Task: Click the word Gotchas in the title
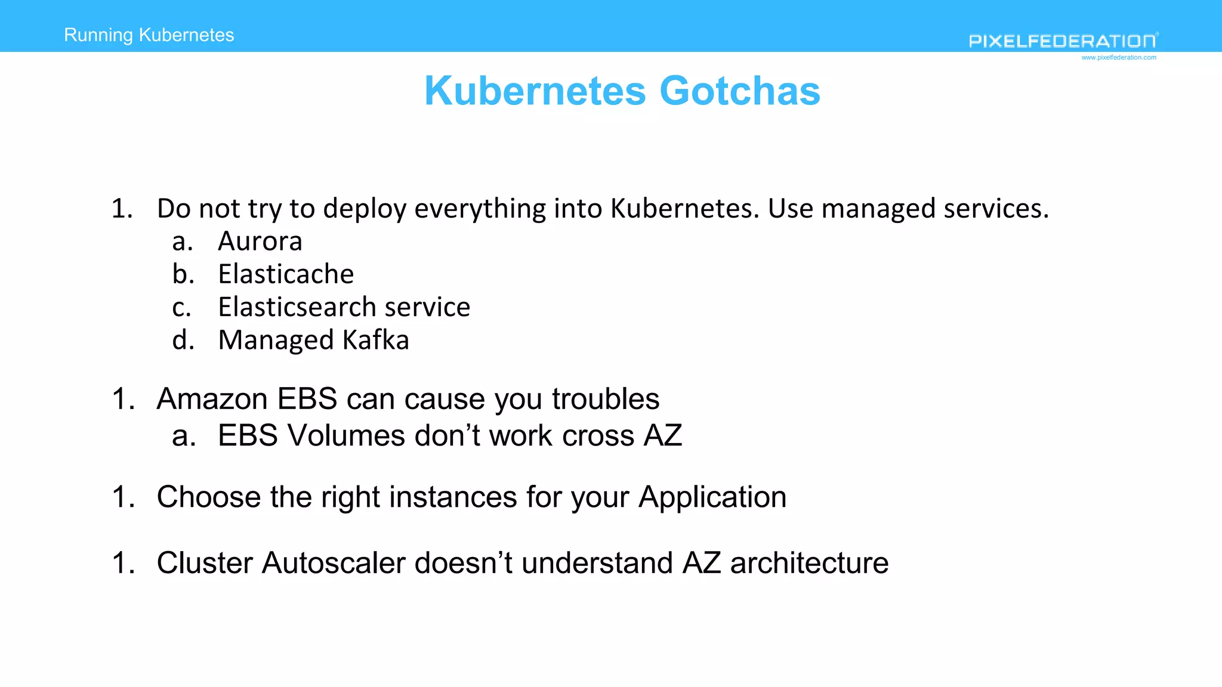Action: [740, 91]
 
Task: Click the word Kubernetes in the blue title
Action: [535, 91]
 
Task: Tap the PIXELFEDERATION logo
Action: [1063, 41]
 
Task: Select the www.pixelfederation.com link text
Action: [1119, 58]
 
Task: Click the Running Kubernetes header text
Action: [149, 35]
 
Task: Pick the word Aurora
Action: [260, 242]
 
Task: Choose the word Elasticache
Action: [286, 274]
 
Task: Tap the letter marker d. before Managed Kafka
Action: [183, 340]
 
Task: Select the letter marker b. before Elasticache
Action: [183, 274]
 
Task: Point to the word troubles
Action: [606, 399]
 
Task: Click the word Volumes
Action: [346, 435]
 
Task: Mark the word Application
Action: [712, 497]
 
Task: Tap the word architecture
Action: [809, 563]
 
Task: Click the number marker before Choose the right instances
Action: [124, 497]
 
